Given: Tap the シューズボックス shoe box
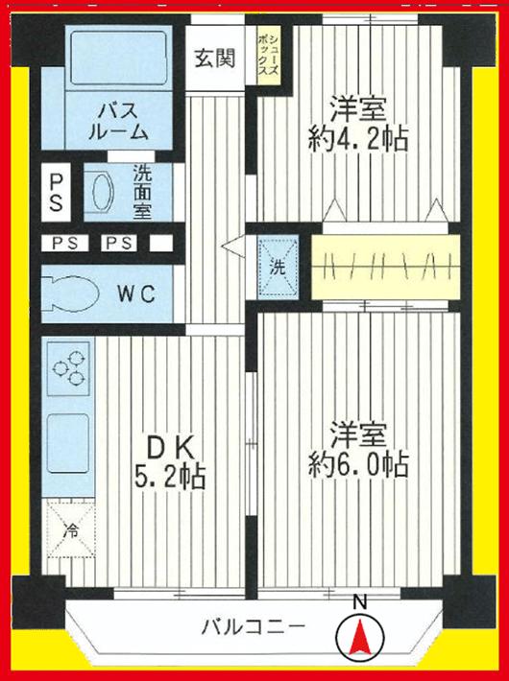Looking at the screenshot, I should pos(269,60).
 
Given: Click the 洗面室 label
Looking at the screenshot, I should pos(141,193).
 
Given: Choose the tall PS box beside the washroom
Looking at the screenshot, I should pos(57,192).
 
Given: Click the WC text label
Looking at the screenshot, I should pos(136,294).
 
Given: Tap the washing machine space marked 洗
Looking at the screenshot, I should pos(278,266).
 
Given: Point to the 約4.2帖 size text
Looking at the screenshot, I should pos(358,139).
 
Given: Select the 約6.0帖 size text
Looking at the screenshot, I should pos(358,466).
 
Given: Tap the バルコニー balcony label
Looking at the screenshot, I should pos(253,628).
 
